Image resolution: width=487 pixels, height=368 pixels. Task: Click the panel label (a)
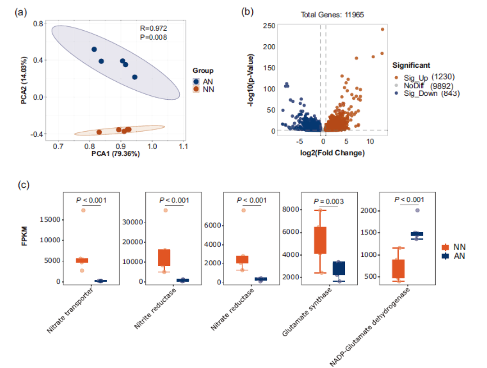click(20, 12)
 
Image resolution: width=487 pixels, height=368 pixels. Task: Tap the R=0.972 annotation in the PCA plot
click(153, 29)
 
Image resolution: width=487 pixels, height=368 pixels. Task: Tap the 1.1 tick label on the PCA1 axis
click(183, 147)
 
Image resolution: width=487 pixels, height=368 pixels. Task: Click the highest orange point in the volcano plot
click(382, 29)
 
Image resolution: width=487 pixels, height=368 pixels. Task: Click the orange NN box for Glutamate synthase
click(320, 240)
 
